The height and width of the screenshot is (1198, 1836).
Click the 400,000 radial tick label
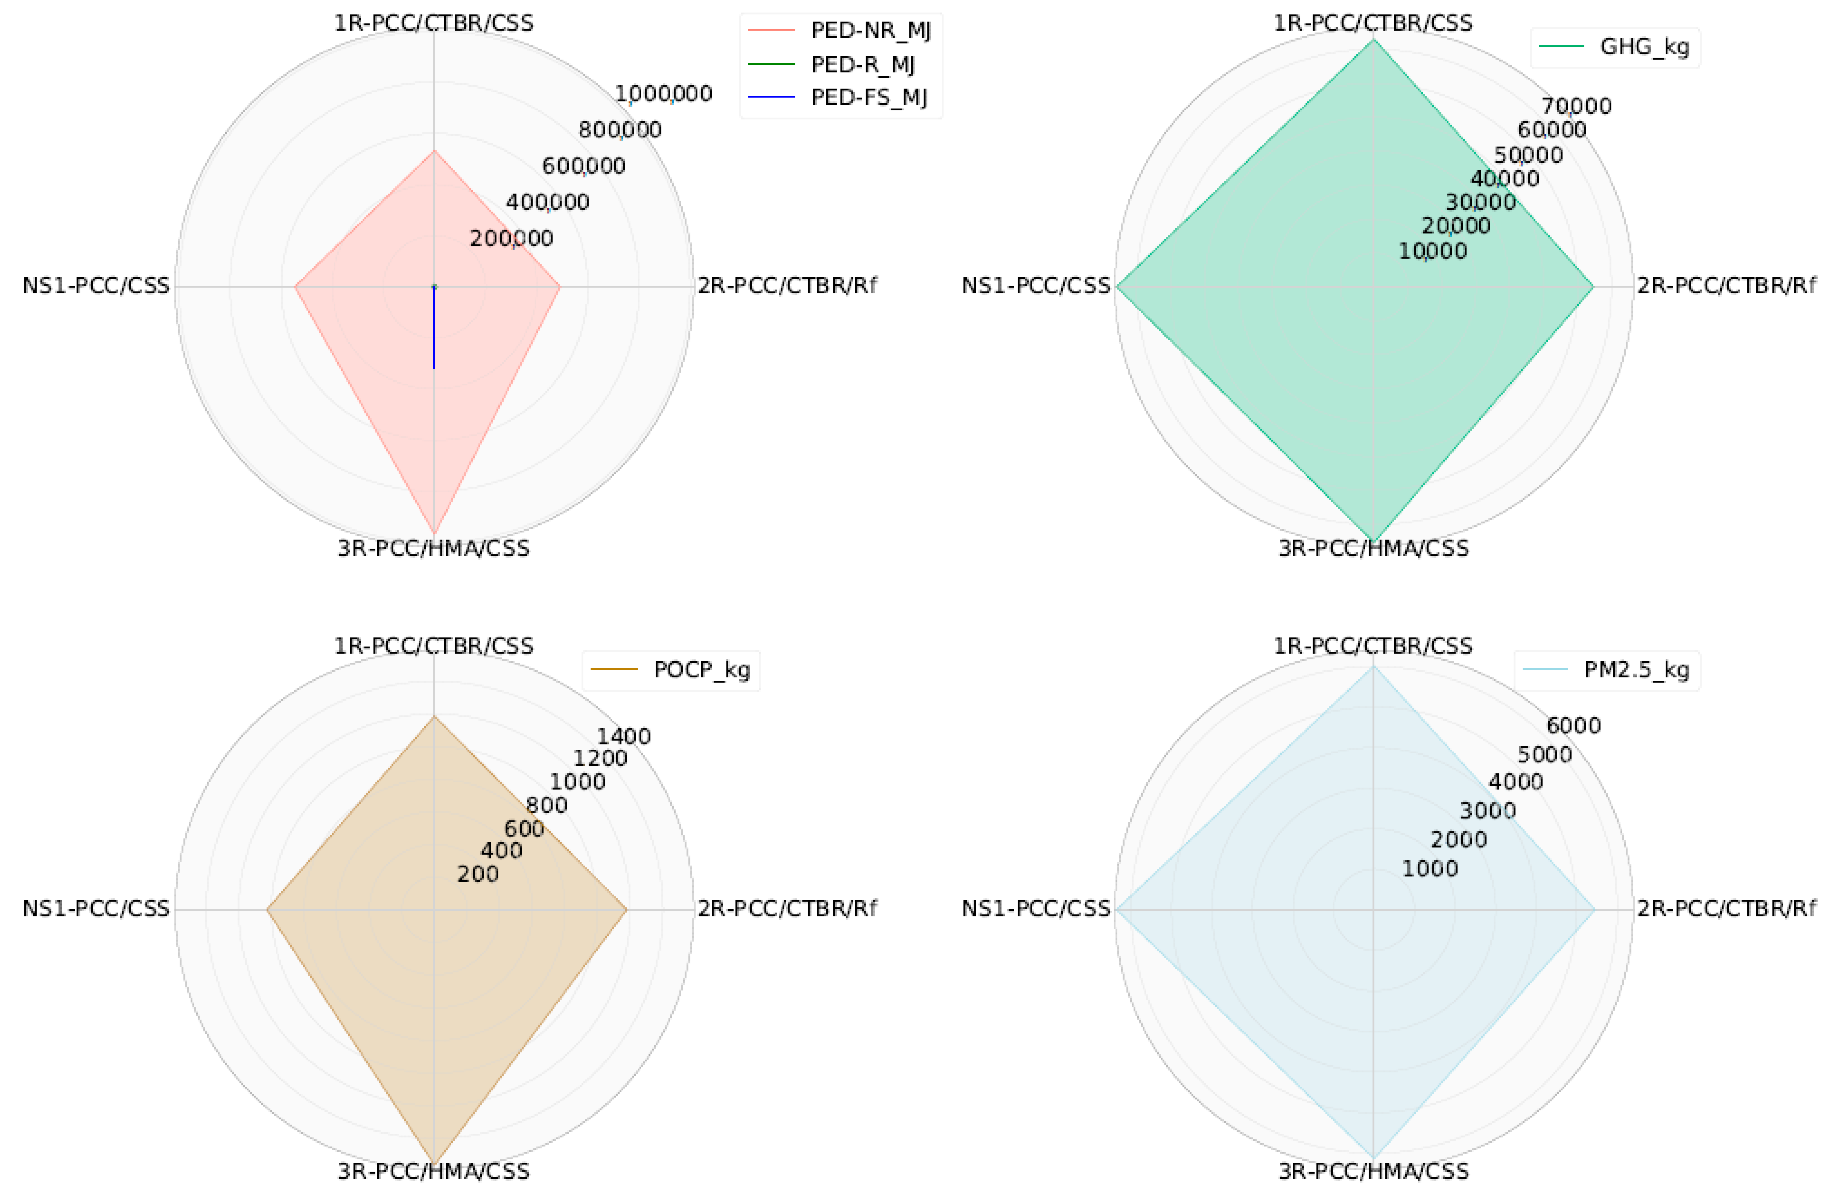tap(548, 202)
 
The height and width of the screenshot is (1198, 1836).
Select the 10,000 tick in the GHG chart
tap(1433, 251)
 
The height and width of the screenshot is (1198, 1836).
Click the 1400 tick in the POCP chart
tap(623, 737)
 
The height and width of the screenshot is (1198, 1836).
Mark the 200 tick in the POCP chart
tap(478, 874)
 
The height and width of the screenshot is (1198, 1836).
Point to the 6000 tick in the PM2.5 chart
tap(1573, 725)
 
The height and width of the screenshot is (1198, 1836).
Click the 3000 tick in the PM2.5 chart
tap(1487, 811)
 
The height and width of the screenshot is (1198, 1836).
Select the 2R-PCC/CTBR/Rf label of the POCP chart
tap(787, 909)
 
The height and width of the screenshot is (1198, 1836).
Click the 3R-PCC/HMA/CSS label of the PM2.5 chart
tap(1373, 1171)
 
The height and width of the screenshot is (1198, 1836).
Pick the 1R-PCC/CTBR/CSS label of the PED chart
tap(433, 23)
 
